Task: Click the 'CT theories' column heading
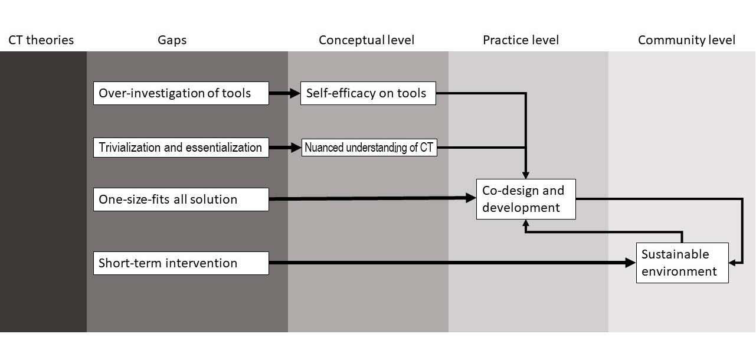click(x=41, y=40)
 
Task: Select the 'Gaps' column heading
click(x=172, y=40)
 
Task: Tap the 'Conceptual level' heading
click(x=366, y=40)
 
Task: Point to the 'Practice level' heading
click(x=521, y=40)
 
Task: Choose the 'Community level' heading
click(x=686, y=40)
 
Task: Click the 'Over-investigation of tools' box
click(x=181, y=93)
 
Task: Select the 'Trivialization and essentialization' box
click(x=181, y=148)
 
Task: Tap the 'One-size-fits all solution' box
click(x=181, y=199)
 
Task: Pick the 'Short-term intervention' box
click(x=181, y=263)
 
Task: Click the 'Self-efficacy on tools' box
click(x=368, y=93)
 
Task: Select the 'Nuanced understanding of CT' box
click(x=369, y=148)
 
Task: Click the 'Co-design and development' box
click(x=525, y=199)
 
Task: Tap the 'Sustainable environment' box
click(x=682, y=263)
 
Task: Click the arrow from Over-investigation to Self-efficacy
click(x=284, y=93)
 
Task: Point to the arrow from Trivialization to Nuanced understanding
click(x=285, y=148)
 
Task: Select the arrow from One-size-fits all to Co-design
click(x=372, y=199)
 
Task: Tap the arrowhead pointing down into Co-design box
click(x=525, y=175)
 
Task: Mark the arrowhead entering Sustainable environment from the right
click(x=732, y=263)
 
